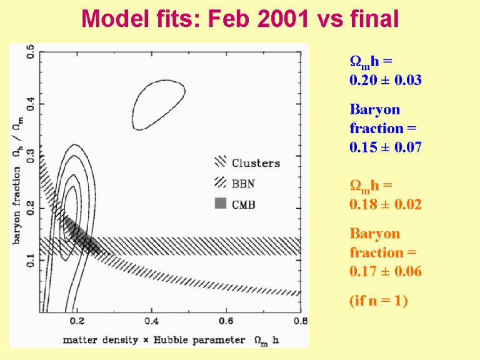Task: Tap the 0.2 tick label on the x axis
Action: pos(77,321)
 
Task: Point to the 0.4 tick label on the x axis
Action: pos(151,321)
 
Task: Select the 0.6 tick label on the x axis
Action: pos(226,321)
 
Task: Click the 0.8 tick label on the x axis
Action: pos(300,321)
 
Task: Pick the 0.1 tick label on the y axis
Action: pos(31,261)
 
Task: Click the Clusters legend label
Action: pos(256,164)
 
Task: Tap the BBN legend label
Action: pos(244,184)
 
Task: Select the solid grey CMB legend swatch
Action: pos(219,204)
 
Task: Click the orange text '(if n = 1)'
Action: pos(378,301)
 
